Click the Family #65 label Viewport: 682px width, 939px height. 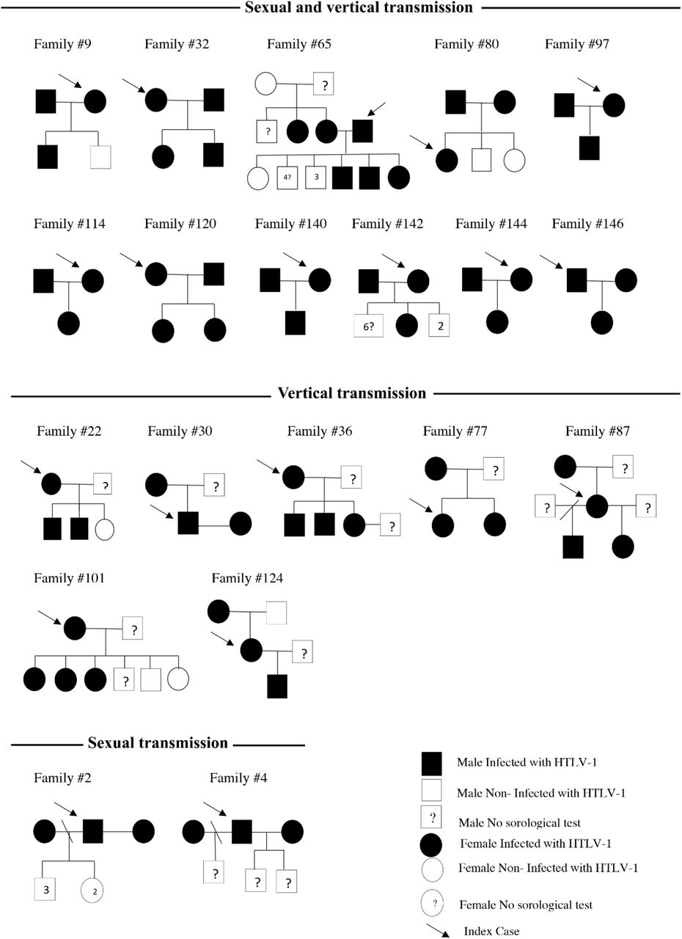pyautogui.click(x=299, y=44)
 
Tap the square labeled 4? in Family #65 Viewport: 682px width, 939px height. pyautogui.click(x=287, y=178)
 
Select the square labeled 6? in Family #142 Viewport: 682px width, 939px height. pyautogui.click(x=368, y=326)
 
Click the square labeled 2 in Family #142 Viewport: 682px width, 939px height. pyautogui.click(x=439, y=325)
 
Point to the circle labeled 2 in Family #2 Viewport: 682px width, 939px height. pyautogui.click(x=92, y=889)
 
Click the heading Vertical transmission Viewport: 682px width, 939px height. pyautogui.click(x=351, y=392)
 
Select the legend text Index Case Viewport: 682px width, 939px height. pyautogui.click(x=491, y=931)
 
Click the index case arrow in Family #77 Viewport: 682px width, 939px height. pyautogui.click(x=421, y=505)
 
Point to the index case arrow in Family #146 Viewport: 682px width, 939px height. pyautogui.click(x=551, y=262)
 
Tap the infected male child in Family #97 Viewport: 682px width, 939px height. pyautogui.click(x=590, y=148)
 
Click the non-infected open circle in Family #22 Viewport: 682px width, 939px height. pyautogui.click(x=104, y=530)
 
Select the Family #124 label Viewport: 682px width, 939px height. pyautogui.click(x=247, y=579)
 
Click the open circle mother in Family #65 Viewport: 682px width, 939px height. pyautogui.click(x=265, y=84)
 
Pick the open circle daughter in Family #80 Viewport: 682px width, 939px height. pyautogui.click(x=514, y=161)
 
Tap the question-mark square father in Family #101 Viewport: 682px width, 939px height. pyautogui.click(x=133, y=628)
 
